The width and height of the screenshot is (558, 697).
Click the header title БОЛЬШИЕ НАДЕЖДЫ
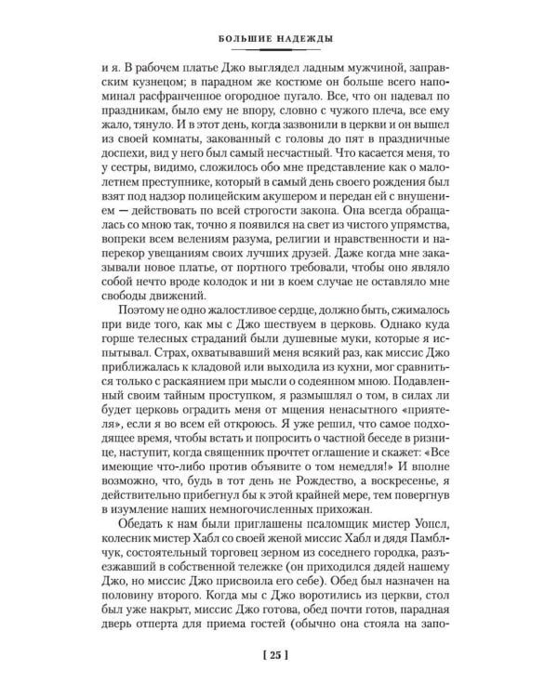280,39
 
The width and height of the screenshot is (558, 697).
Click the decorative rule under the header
280,51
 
